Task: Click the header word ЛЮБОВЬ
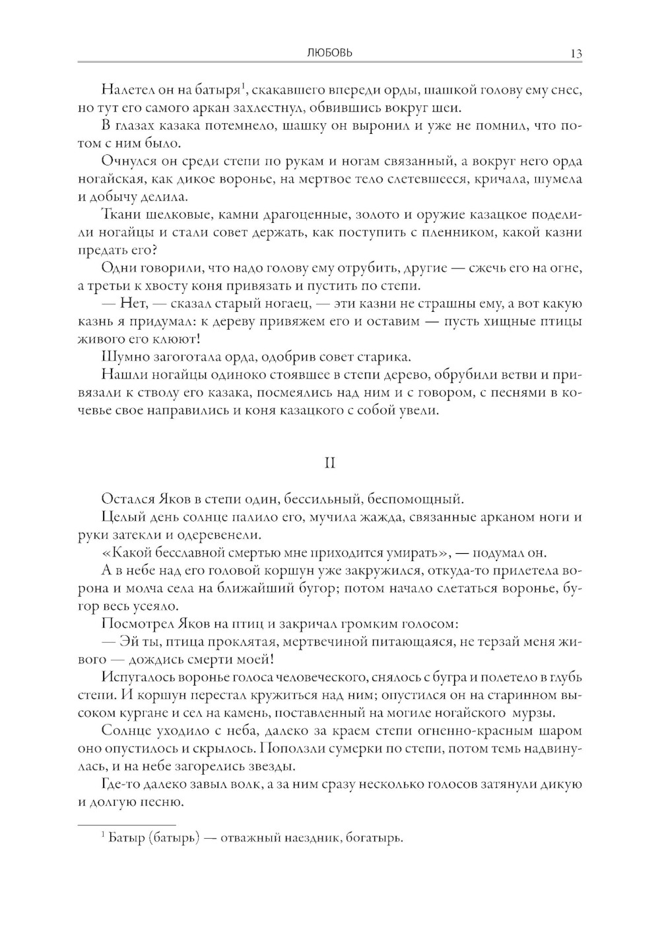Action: pyautogui.click(x=329, y=53)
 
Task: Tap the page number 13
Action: pyautogui.click(x=576, y=54)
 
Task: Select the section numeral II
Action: pyautogui.click(x=330, y=463)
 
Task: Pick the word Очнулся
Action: pyautogui.click(x=128, y=162)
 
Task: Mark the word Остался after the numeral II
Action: pyautogui.click(x=128, y=498)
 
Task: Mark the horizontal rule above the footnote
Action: pyautogui.click(x=127, y=824)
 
